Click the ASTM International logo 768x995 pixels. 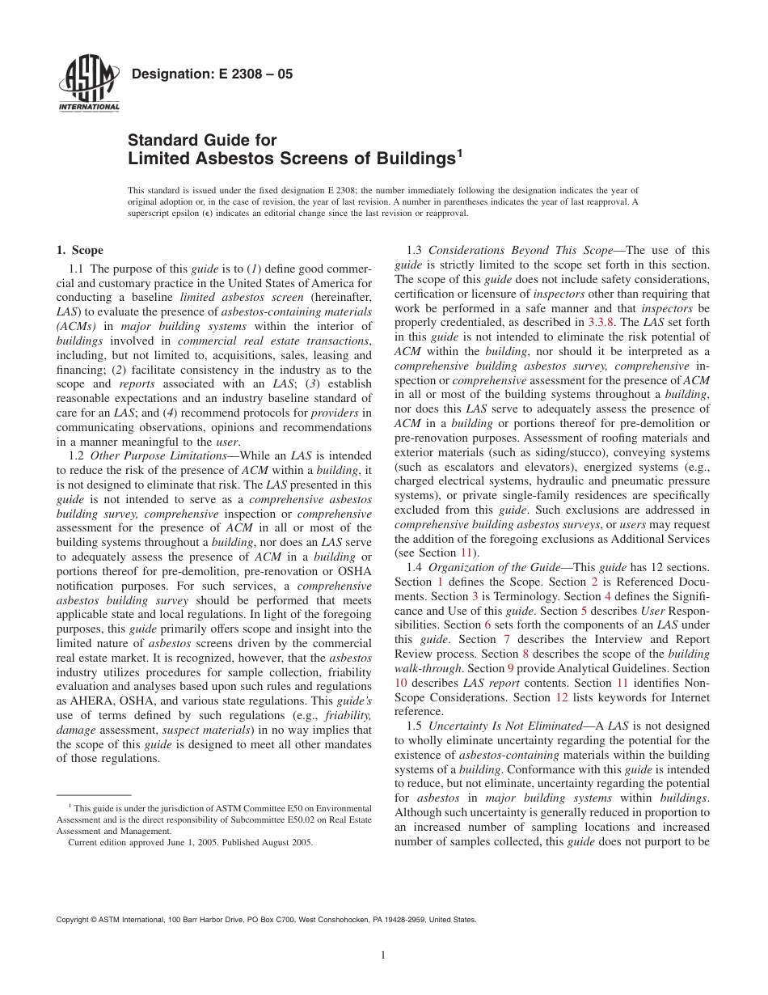tap(89, 86)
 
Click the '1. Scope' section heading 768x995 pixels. tap(79, 251)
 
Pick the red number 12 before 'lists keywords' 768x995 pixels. tap(562, 697)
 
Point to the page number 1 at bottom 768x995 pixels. tap(383, 955)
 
